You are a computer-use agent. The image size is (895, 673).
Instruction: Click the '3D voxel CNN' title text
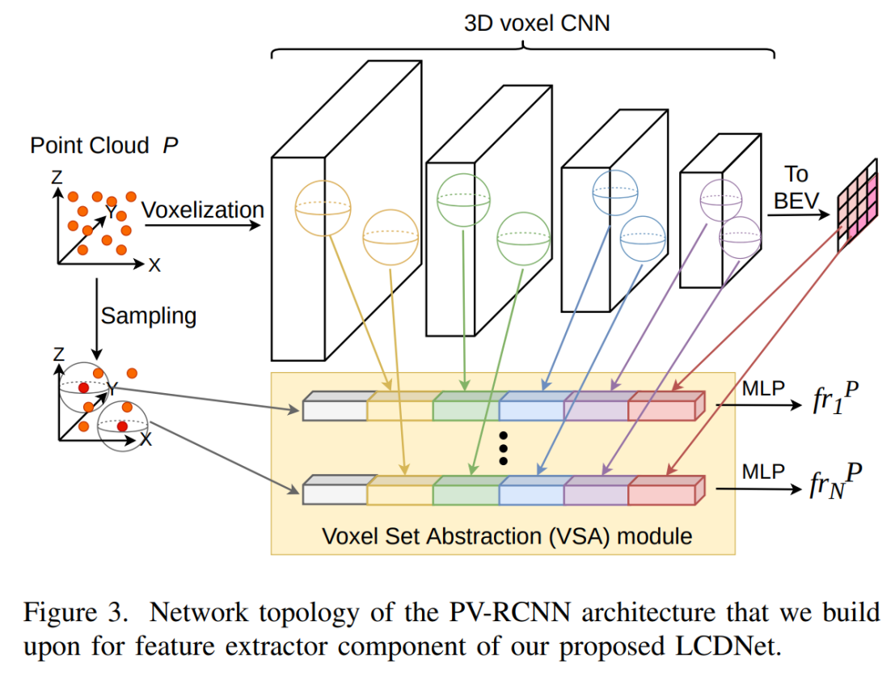pos(537,23)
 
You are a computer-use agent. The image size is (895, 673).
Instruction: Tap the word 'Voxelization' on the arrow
pos(203,210)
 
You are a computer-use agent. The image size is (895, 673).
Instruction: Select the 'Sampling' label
pos(148,315)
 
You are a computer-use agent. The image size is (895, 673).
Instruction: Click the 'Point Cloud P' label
pos(103,146)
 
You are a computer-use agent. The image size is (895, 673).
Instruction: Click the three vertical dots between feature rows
pos(503,447)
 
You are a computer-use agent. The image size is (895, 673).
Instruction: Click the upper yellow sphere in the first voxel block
pos(323,207)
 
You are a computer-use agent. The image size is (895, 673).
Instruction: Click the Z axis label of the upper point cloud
pos(57,176)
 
